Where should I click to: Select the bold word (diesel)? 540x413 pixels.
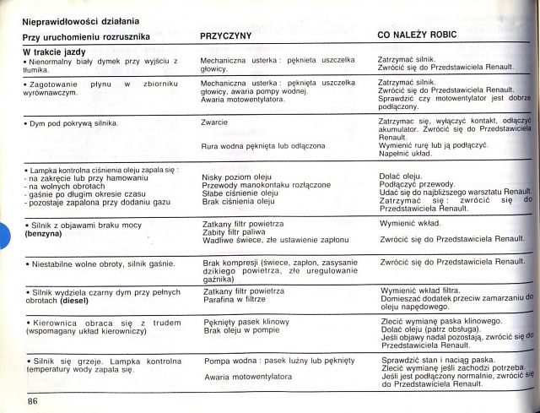click(77, 302)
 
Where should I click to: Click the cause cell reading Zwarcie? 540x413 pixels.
click(214, 122)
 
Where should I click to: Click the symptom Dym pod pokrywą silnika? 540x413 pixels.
click(72, 124)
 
